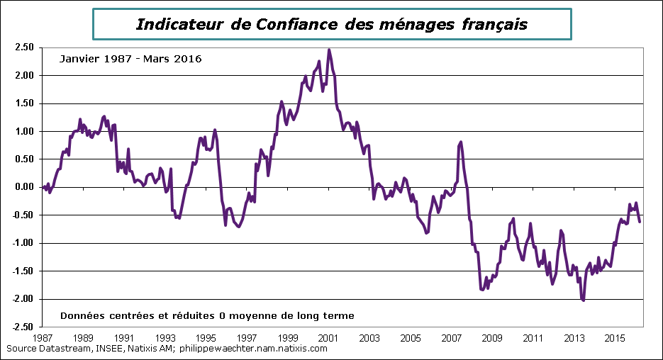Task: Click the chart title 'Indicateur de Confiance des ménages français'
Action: pos(331,24)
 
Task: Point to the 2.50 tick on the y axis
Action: pos(24,47)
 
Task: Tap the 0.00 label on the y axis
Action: pos(24,187)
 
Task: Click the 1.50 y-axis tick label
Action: pos(24,103)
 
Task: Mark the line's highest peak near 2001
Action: pos(328,50)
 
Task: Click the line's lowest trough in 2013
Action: pos(583,300)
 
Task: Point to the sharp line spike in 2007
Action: pos(461,142)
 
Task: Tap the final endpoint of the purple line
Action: pos(640,222)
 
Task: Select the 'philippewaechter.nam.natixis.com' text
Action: pos(254,349)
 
